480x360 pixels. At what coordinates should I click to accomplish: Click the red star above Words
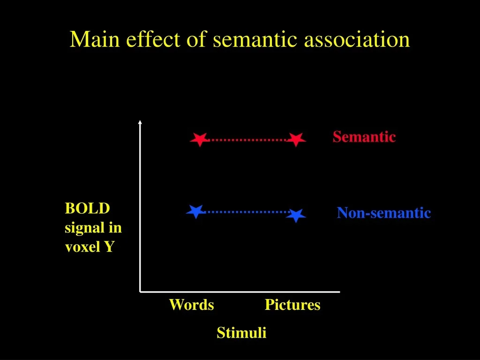(x=200, y=140)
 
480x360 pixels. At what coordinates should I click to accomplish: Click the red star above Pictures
(x=296, y=140)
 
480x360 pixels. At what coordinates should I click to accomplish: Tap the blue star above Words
(x=195, y=211)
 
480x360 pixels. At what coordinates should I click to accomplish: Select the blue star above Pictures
(x=296, y=215)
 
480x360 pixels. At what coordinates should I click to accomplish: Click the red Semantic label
(x=364, y=136)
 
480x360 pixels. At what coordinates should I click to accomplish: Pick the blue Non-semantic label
(x=384, y=213)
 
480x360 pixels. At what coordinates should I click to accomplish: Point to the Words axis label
(x=192, y=305)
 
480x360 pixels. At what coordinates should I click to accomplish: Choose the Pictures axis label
(x=292, y=305)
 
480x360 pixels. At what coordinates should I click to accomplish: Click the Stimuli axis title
(x=241, y=332)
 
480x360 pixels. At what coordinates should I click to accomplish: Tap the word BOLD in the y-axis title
(x=87, y=209)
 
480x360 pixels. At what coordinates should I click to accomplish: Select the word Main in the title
(x=95, y=39)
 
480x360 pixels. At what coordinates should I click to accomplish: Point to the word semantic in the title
(x=255, y=40)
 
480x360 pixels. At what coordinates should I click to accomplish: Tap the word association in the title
(x=357, y=39)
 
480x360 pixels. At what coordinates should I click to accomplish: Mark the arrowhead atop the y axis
(x=140, y=122)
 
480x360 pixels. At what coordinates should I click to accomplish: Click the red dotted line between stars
(x=248, y=140)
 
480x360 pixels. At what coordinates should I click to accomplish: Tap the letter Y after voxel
(x=109, y=247)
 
